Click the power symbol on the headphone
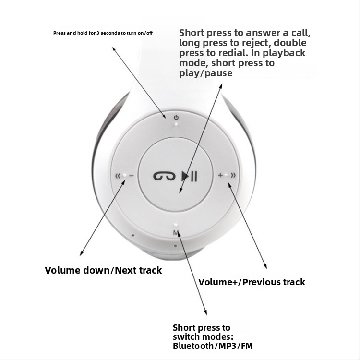[176, 118]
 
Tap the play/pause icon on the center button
[189, 176]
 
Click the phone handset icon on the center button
[164, 176]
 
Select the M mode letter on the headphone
[176, 233]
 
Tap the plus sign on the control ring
[220, 175]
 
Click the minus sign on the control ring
[131, 176]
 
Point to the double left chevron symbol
[118, 176]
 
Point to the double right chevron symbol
[233, 175]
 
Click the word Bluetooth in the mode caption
[193, 346]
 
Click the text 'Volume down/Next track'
[103, 270]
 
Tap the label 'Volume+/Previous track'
[252, 282]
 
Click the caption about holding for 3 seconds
[103, 33]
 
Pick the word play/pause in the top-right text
[206, 73]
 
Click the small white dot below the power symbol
[176, 124]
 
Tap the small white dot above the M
[176, 225]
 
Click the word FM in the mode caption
[247, 346]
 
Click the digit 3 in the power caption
[98, 33]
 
